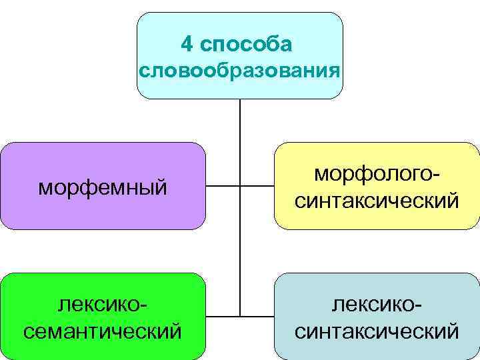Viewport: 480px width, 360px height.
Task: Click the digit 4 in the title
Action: point(187,45)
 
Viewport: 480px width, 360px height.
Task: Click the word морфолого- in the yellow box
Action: point(377,175)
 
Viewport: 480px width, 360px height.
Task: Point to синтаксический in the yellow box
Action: point(377,199)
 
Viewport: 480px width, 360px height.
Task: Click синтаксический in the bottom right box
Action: point(377,330)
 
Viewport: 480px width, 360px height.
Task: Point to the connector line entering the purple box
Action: point(223,185)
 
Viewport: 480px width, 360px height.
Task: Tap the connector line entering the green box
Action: point(223,315)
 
